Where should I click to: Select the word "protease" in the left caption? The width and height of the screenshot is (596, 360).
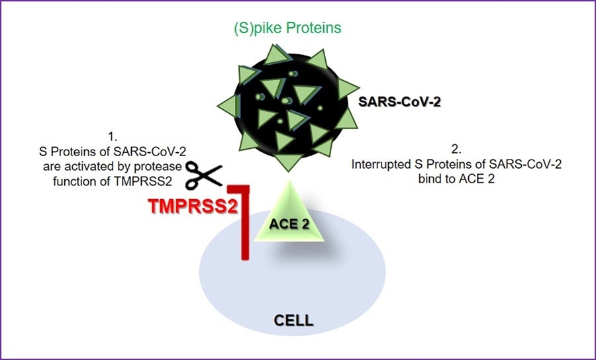click(x=162, y=165)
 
